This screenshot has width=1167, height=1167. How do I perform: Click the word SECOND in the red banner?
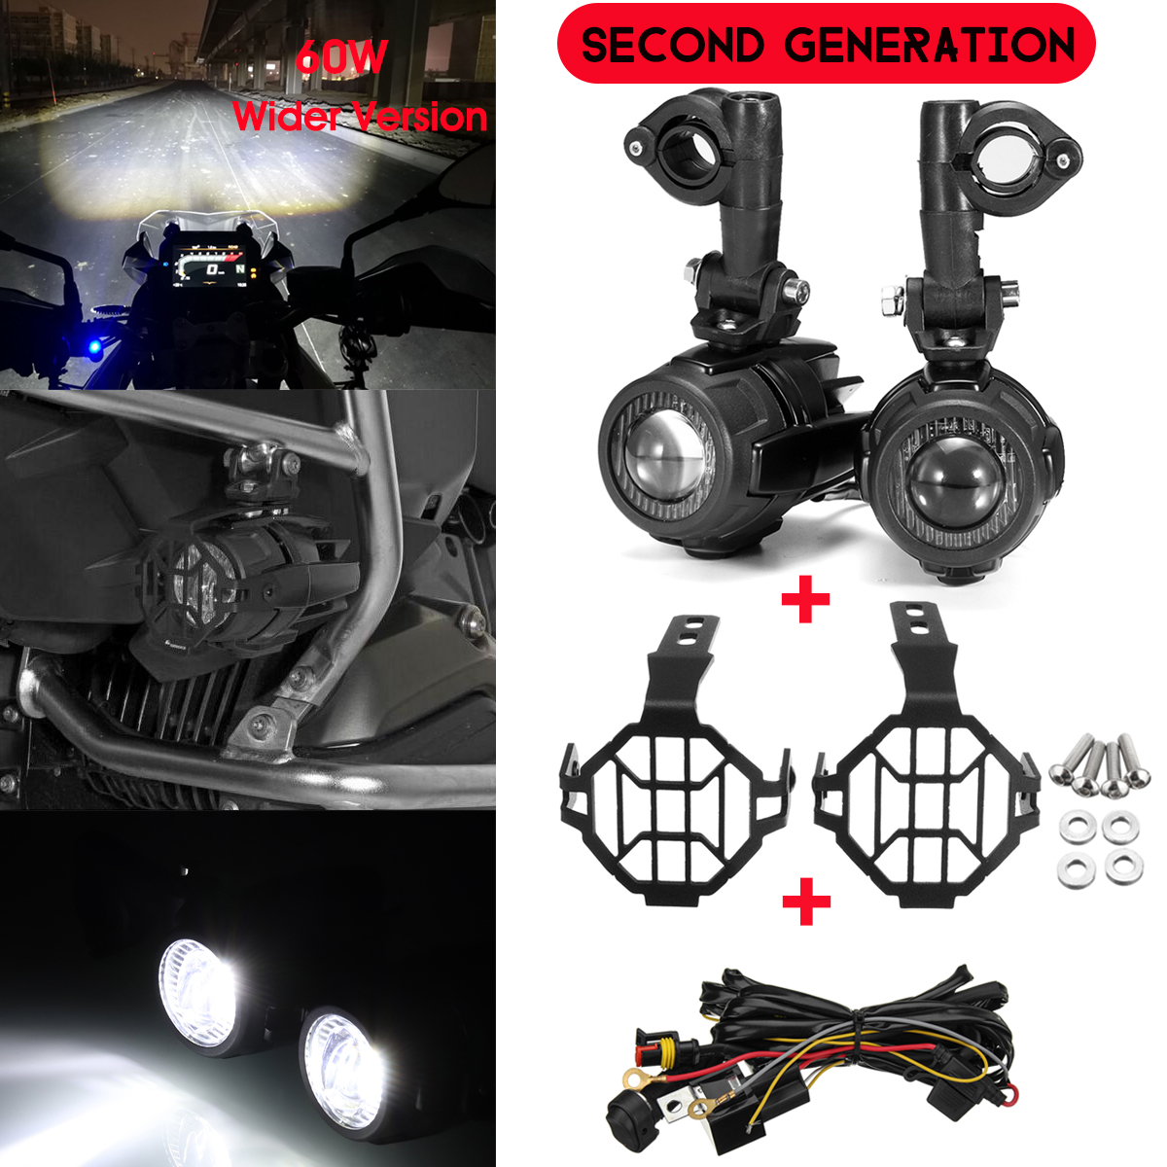(672, 46)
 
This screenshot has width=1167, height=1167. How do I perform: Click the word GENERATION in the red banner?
(929, 46)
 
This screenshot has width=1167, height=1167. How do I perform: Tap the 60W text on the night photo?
(341, 58)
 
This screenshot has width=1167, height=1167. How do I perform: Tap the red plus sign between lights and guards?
(805, 602)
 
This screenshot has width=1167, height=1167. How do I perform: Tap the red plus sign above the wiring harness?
(805, 902)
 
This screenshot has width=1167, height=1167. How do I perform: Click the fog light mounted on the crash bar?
(209, 579)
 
